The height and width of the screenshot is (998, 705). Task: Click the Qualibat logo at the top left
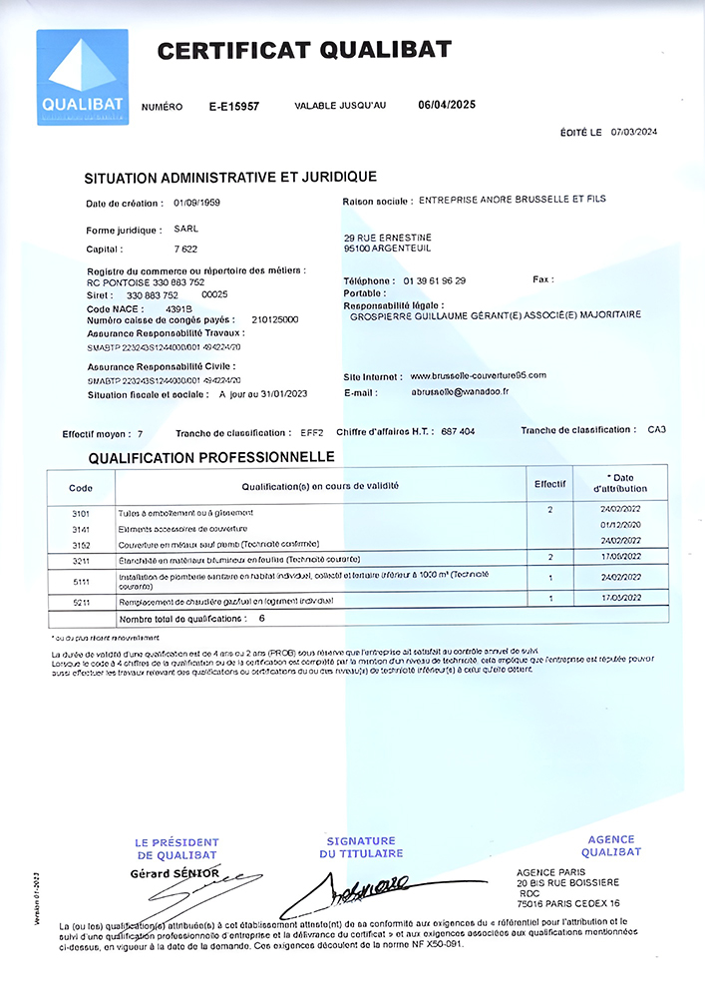[82, 77]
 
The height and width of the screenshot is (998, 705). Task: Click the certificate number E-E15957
[234, 106]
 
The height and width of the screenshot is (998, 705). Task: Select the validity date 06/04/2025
[449, 104]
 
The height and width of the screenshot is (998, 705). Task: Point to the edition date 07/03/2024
[634, 132]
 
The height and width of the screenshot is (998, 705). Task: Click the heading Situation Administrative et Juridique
[231, 178]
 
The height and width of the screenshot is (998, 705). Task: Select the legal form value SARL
[186, 230]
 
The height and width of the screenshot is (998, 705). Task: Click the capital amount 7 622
[186, 249]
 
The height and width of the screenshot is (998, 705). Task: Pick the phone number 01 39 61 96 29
[434, 280]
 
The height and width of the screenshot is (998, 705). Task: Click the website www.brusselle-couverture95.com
[479, 375]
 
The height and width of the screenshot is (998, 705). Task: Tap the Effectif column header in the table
[549, 483]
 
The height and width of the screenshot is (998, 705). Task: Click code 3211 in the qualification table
[82, 560]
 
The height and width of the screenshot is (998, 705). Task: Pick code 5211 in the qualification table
[82, 602]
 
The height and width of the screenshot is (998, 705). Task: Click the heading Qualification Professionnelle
[210, 457]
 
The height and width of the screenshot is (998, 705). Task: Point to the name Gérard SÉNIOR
[176, 873]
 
